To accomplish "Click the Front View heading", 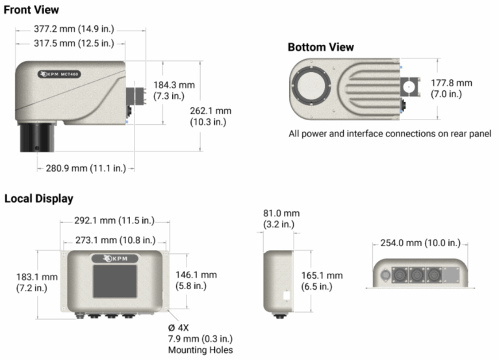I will [31, 10].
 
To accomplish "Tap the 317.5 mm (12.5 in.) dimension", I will [73, 44].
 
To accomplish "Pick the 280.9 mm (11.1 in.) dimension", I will [86, 168].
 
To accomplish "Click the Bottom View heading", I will [321, 47].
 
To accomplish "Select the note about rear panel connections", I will [389, 134].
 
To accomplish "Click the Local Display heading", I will [39, 198].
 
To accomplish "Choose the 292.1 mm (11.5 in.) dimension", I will [114, 221].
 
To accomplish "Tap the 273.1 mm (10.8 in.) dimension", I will [114, 240].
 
